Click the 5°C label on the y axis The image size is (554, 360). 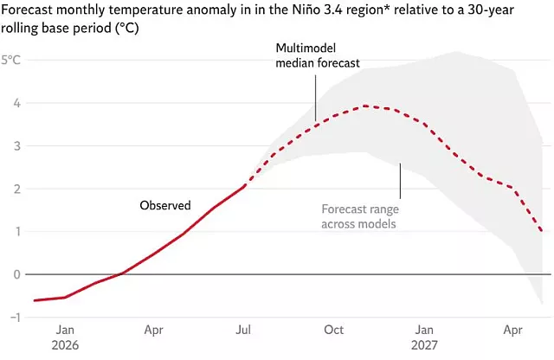(x=11, y=60)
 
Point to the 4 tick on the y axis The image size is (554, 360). (x=16, y=103)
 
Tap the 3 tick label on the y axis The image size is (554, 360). (x=16, y=146)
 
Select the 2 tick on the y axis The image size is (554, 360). (x=16, y=189)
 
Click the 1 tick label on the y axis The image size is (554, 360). (x=17, y=232)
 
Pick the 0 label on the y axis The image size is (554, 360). (x=16, y=274)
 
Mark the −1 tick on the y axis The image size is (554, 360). (x=15, y=318)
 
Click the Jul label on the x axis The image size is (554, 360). (x=243, y=330)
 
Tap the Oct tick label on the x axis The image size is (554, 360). (x=333, y=330)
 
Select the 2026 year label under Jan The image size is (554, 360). (x=65, y=345)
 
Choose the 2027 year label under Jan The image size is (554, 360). (x=424, y=345)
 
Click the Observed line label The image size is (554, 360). (x=165, y=205)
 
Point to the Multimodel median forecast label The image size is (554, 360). (x=318, y=55)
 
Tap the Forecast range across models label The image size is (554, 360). (x=360, y=216)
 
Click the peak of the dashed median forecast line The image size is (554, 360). (x=365, y=106)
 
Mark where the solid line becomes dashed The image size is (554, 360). (x=244, y=186)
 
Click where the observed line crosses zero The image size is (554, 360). (x=120, y=274)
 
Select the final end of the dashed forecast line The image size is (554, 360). (x=542, y=231)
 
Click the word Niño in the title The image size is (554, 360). (x=306, y=10)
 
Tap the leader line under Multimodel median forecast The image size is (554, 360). (x=315, y=95)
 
